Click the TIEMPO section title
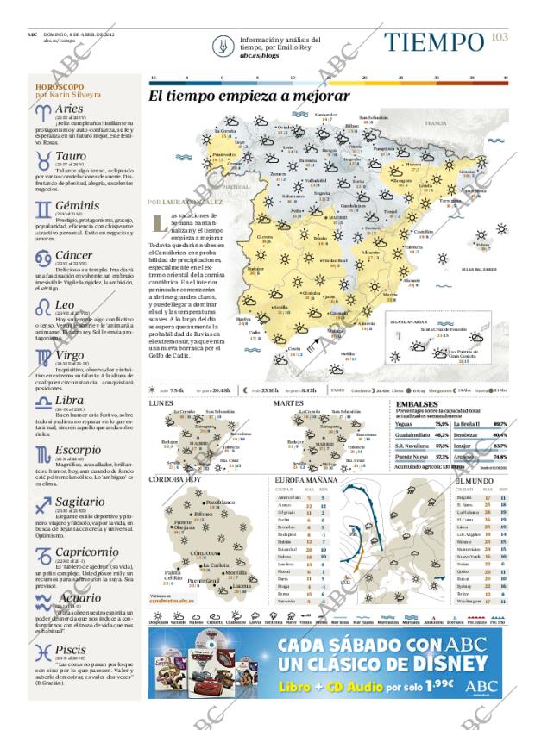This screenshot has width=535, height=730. click(433, 42)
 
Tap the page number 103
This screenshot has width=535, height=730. click(500, 36)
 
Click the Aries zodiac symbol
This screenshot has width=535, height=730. click(42, 111)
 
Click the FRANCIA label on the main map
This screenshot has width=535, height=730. click(435, 124)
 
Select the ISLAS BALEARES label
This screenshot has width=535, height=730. click(479, 269)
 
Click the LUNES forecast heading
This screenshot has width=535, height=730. click(160, 403)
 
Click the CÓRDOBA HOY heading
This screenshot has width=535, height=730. click(175, 479)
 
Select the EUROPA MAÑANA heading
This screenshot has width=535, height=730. click(305, 479)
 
